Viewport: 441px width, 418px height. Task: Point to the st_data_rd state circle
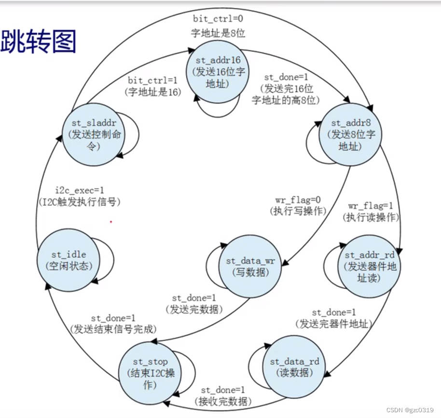click(294, 367)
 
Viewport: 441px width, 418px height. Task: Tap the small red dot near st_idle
click(110, 222)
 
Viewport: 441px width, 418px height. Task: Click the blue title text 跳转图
click(38, 40)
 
